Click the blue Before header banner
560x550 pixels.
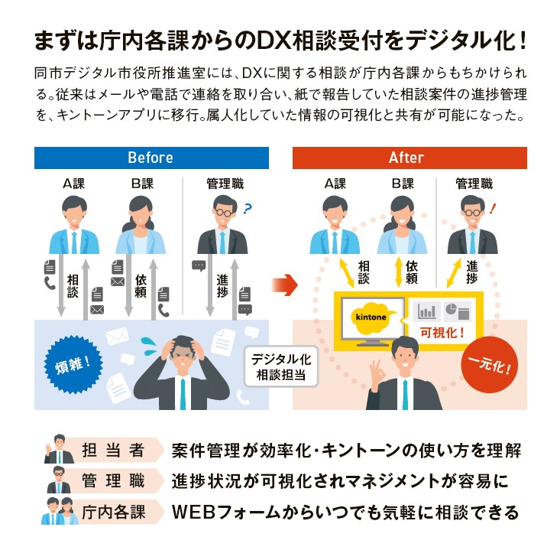click(151, 158)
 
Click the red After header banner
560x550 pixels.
click(409, 158)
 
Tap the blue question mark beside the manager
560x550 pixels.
click(248, 207)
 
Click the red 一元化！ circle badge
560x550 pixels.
click(490, 360)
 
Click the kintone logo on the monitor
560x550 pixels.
click(370, 317)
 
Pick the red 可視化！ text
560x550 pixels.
click(442, 334)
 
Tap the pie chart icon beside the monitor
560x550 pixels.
click(456, 310)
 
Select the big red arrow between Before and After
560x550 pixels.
click(282, 285)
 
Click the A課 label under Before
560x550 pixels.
click(76, 184)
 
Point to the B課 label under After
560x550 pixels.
click(402, 184)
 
